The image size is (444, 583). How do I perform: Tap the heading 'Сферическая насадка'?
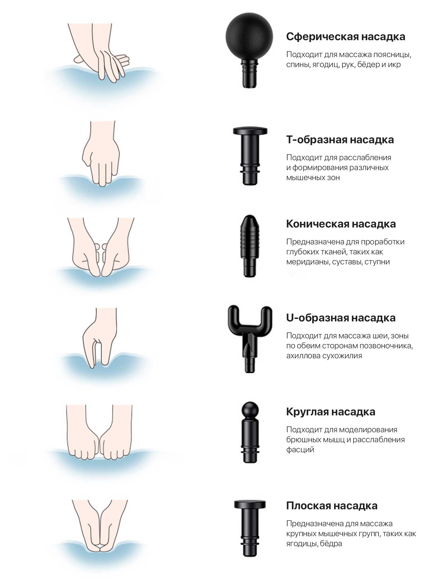[345, 37]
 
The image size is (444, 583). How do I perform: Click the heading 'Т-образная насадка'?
[340, 140]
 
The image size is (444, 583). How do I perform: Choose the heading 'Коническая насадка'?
[341, 224]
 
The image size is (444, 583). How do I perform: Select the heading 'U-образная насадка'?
[341, 318]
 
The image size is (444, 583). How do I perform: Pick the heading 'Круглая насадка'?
[331, 412]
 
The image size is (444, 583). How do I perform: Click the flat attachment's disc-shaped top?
[250, 505]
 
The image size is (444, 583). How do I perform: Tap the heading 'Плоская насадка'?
[332, 506]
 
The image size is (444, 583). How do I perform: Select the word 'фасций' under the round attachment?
[300, 449]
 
